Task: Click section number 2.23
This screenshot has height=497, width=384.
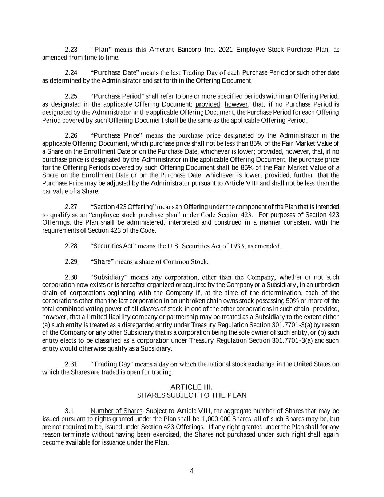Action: click(x=71, y=50)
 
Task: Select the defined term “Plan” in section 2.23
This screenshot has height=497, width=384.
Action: click(x=103, y=50)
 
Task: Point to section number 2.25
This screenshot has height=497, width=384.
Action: click(x=71, y=96)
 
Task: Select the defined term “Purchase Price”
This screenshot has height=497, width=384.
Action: click(x=115, y=136)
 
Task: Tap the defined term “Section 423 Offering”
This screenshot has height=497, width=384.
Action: click(x=123, y=207)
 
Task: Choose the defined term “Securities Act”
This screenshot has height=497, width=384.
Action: click(x=113, y=246)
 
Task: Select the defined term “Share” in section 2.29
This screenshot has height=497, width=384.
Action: click(x=102, y=262)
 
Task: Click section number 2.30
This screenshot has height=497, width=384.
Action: click(x=71, y=277)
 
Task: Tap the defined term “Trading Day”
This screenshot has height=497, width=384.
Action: click(x=112, y=364)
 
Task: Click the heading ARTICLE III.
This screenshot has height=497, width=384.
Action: click(x=191, y=387)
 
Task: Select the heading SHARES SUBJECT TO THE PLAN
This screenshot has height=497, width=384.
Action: click(x=191, y=395)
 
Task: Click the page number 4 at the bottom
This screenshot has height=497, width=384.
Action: click(x=192, y=471)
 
